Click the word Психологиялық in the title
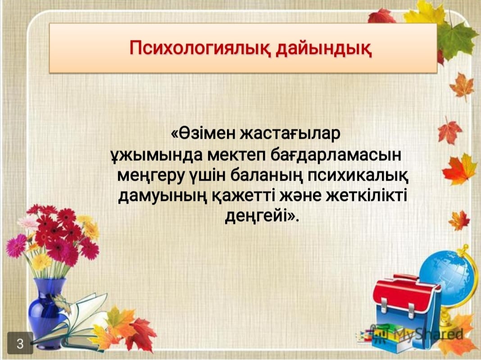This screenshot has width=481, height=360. [x=200, y=49]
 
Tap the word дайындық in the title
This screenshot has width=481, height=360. [x=324, y=49]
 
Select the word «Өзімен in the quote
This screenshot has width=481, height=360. [x=203, y=133]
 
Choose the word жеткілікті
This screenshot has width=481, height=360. [x=366, y=195]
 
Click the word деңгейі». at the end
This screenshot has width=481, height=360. [x=262, y=216]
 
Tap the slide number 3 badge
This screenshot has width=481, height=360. [x=20, y=343]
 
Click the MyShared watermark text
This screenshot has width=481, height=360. [x=428, y=333]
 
